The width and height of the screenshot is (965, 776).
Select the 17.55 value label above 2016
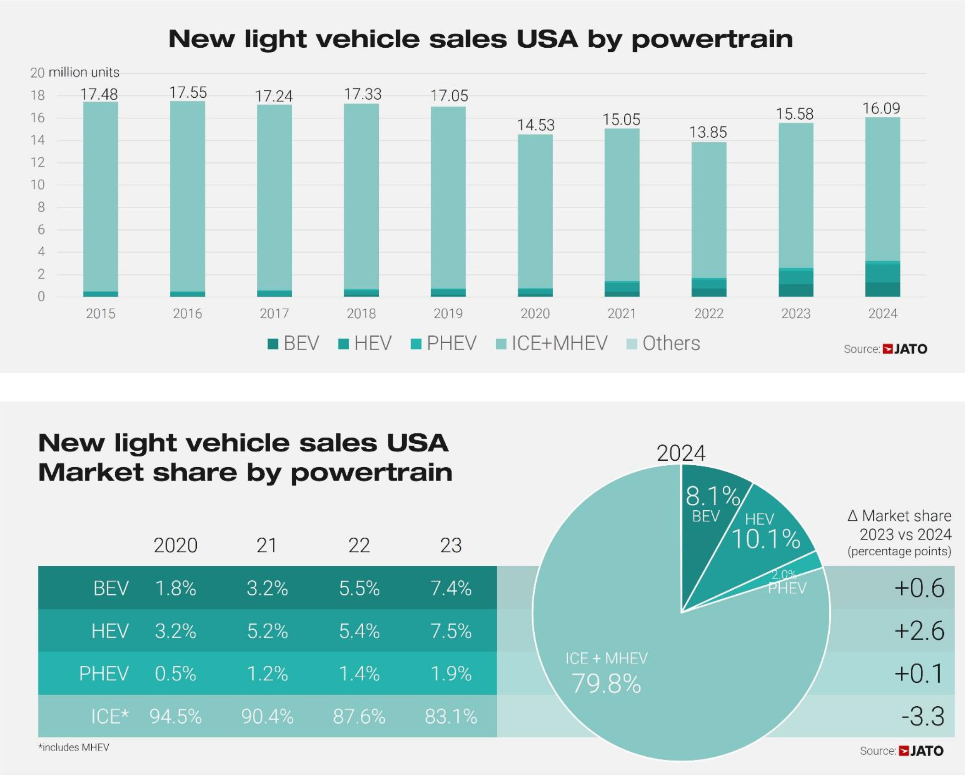(188, 92)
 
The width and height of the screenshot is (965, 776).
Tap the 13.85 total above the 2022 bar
(708, 132)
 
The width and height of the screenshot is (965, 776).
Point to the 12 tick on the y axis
(38, 162)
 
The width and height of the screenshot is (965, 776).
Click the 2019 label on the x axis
(448, 313)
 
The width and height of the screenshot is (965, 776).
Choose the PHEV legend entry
(444, 343)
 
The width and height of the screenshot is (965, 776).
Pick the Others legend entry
(663, 343)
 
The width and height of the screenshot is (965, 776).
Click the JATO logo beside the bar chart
(905, 349)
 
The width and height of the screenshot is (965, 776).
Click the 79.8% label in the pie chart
(606, 683)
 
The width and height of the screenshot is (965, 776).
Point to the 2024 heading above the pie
(681, 453)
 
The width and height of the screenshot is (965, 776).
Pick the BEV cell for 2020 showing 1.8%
(176, 588)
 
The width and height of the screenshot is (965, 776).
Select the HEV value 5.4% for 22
(359, 631)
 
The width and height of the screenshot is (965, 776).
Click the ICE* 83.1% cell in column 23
(451, 716)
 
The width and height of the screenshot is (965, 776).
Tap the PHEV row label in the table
(104, 674)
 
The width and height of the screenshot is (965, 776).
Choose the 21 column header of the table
(267, 545)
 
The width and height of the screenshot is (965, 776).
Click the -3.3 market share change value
(923, 716)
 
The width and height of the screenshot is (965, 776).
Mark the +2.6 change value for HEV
(920, 631)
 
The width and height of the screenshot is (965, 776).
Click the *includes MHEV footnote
(74, 748)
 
